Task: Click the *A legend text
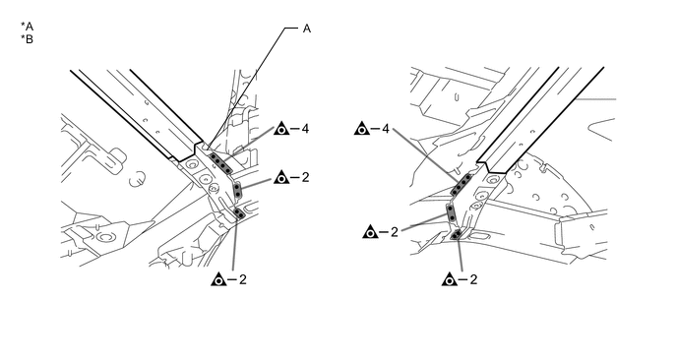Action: pos(27,27)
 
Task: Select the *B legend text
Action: pos(27,39)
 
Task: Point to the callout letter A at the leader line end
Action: pos(307,29)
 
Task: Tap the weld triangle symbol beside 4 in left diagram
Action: pos(281,128)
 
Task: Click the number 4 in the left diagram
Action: pos(305,129)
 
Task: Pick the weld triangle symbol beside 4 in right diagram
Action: pos(362,128)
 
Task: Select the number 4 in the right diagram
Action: pos(386,129)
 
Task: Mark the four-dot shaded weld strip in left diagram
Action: pos(220,162)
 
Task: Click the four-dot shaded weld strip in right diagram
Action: pos(462,185)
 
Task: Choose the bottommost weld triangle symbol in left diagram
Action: pos(218,279)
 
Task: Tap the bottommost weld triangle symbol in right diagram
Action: pos(450,279)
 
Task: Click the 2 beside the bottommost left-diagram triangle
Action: pos(243,279)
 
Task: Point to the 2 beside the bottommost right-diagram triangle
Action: pos(473,279)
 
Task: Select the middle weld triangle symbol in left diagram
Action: pos(281,177)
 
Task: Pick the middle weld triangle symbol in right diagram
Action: pos(370,232)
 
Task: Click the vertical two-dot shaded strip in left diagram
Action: pos(237,191)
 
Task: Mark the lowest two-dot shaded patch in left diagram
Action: pos(239,212)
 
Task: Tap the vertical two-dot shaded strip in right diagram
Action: pos(451,212)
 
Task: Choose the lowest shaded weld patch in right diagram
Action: pos(457,234)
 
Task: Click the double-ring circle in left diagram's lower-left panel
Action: pos(104,237)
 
